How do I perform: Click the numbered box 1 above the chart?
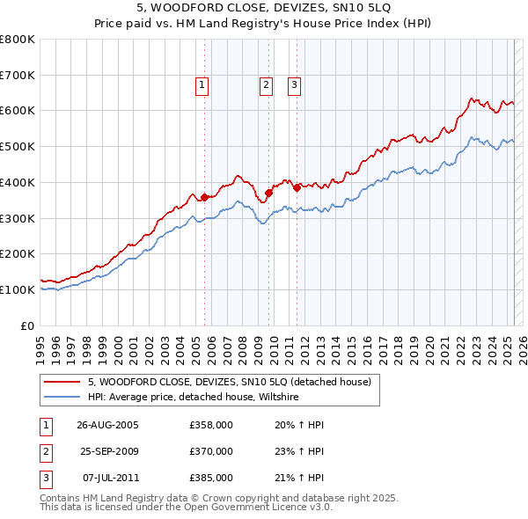click(x=202, y=85)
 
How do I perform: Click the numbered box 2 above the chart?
click(x=266, y=85)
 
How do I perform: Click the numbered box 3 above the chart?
click(x=294, y=85)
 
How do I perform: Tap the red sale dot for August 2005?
click(x=205, y=197)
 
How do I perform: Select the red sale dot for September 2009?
click(x=268, y=193)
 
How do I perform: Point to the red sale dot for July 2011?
click(x=297, y=187)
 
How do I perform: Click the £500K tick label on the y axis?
click(x=18, y=146)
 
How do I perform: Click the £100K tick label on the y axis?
click(x=18, y=289)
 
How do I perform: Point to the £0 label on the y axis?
click(x=28, y=325)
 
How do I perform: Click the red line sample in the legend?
click(x=61, y=383)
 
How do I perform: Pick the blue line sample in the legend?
click(x=61, y=398)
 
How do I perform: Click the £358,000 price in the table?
click(x=211, y=425)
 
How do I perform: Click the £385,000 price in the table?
click(x=211, y=478)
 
